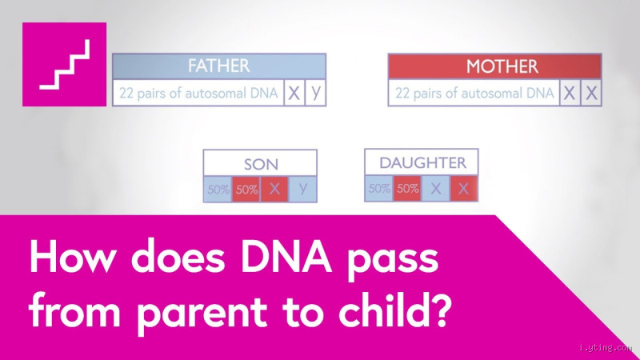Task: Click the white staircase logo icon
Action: (65, 65)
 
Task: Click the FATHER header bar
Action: (219, 66)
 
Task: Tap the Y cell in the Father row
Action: (316, 93)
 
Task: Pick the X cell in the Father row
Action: (294, 93)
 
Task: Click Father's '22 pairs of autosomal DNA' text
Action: (198, 94)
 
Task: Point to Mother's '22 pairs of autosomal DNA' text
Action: (475, 94)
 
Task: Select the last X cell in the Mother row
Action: (591, 94)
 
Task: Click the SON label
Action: (260, 164)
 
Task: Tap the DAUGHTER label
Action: (421, 162)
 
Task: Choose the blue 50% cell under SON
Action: (218, 190)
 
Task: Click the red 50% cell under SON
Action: (246, 190)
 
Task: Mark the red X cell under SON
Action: (274, 190)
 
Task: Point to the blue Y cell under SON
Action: (302, 190)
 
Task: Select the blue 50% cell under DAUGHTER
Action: (378, 189)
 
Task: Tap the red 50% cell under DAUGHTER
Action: (407, 189)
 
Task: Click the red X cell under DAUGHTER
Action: (464, 189)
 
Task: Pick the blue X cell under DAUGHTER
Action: (435, 189)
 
